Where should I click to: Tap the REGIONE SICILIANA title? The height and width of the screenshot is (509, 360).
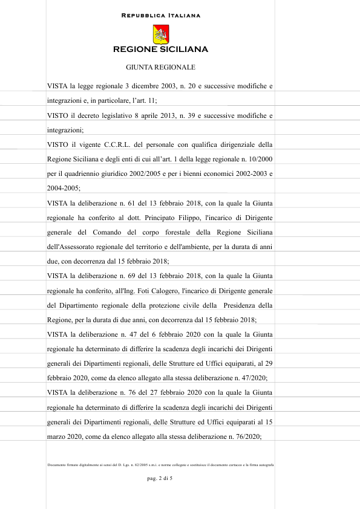coord(160,50)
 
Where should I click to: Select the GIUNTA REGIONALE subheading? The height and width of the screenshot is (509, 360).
coord(160,67)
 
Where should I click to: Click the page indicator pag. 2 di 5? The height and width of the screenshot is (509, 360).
coord(160,479)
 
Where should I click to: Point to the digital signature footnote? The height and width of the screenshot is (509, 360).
coord(160,464)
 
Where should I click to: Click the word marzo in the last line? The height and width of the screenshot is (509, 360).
coord(57,435)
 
